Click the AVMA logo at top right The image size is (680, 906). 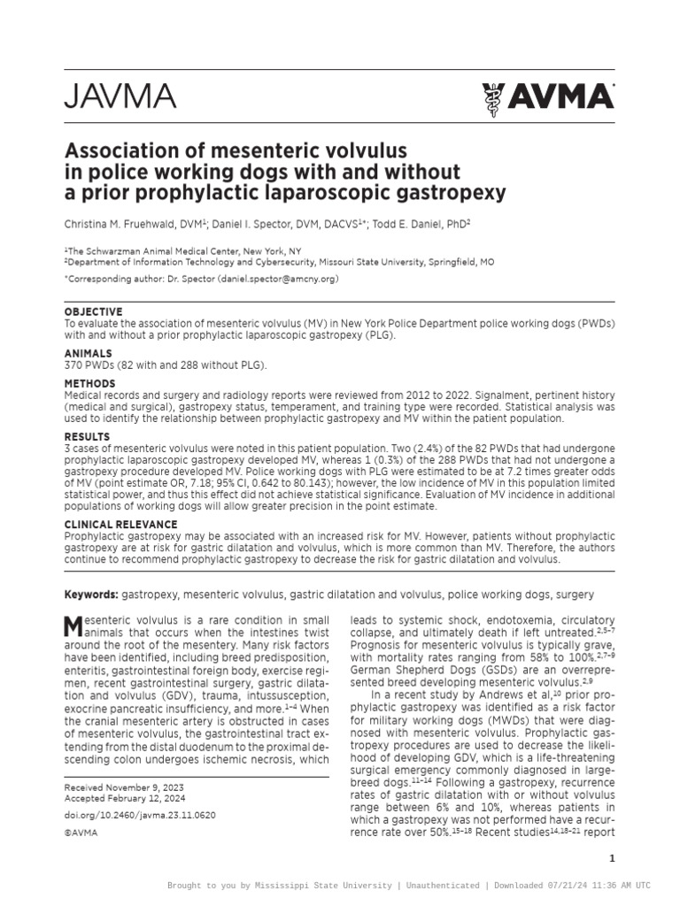[x=547, y=96]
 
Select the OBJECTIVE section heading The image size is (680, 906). [x=94, y=312]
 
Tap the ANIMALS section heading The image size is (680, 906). [x=89, y=353]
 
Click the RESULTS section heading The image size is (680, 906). [x=88, y=437]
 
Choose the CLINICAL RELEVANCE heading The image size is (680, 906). [x=120, y=525]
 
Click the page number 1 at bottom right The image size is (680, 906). [x=612, y=858]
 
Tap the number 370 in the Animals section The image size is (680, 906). [x=75, y=365]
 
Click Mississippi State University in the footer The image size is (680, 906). [x=322, y=886]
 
